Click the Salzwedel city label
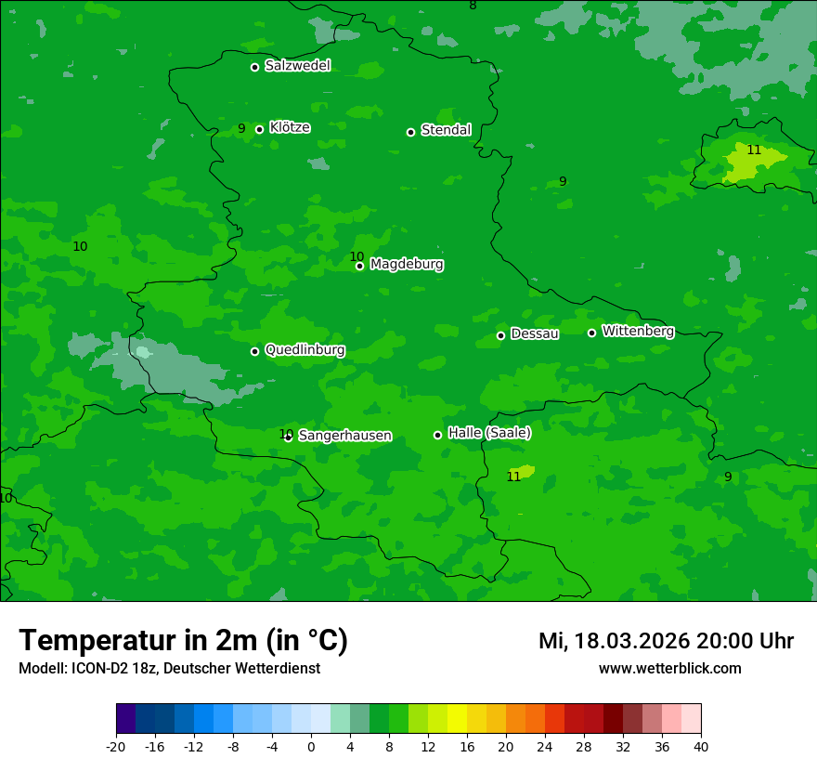coord(297,66)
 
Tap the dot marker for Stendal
coord(410,132)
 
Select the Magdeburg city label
coord(407,265)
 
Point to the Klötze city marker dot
coord(259,129)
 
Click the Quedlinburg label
coord(305,350)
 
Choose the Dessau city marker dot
coord(500,335)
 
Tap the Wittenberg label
coord(638,331)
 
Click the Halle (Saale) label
coord(489,433)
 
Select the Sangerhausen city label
coord(344,436)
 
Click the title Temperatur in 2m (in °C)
coord(183,640)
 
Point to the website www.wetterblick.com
coord(669,668)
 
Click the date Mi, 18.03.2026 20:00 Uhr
coord(666,641)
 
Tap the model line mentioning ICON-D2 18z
coord(169,668)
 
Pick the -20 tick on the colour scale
coord(116,746)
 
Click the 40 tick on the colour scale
coord(701,746)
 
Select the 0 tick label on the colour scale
coord(311,746)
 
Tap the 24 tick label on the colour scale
coord(545,746)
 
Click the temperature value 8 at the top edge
coord(473,6)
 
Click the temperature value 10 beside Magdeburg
coord(357,257)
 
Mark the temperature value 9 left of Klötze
coord(241,129)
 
